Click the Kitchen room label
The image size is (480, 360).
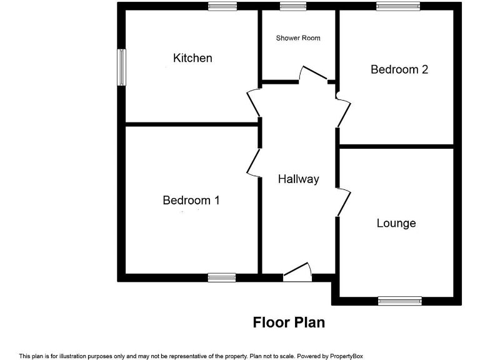coord(192,58)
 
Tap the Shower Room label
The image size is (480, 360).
coord(298,38)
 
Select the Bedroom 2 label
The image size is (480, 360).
coord(399,69)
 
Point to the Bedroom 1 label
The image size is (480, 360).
coord(191,201)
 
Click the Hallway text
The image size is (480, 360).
coord(298,179)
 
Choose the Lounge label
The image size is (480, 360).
coord(396,223)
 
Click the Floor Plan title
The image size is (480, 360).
coord(289,322)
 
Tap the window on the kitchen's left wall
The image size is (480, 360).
coord(122,67)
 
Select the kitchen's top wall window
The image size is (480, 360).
coord(222,6)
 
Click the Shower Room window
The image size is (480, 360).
coord(293,6)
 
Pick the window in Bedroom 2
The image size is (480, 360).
coord(398,6)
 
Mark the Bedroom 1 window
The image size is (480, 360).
coord(222,277)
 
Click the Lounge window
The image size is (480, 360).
coord(399,301)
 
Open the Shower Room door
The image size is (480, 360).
coord(313,74)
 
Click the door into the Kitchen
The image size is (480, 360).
coord(253,103)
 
